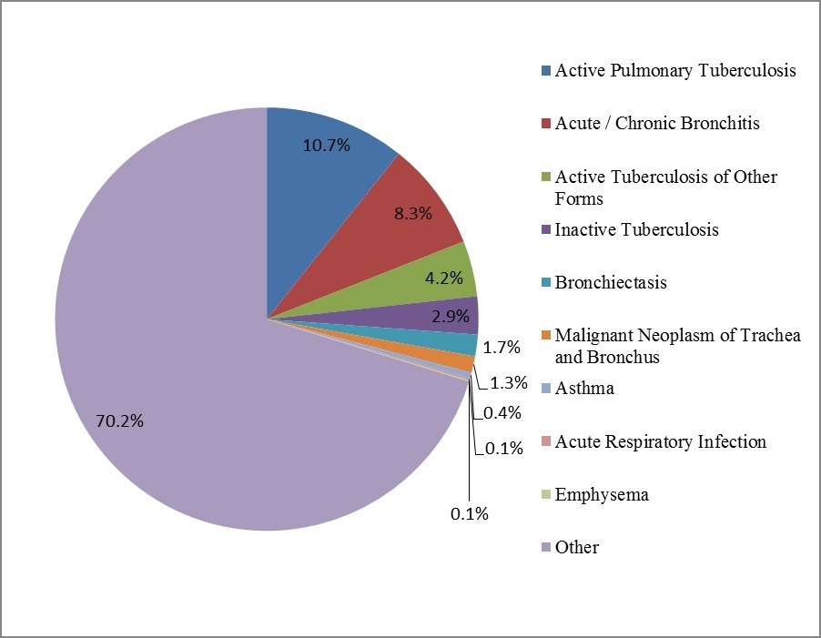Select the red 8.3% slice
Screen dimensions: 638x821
pos(400,218)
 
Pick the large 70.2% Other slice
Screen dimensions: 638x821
pos(182,364)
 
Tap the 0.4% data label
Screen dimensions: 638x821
pos(502,412)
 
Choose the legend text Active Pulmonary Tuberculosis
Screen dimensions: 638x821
pos(676,70)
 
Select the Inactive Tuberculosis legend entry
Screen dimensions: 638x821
pos(636,229)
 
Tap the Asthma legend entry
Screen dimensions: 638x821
pos(584,389)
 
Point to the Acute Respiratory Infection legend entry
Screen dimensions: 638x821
pos(660,441)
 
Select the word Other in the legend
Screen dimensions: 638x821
pos(577,547)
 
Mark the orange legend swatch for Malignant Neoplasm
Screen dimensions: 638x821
pos(545,336)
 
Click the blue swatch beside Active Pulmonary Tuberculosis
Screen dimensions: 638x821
pos(545,70)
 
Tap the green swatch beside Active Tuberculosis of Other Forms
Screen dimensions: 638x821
pos(545,177)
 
